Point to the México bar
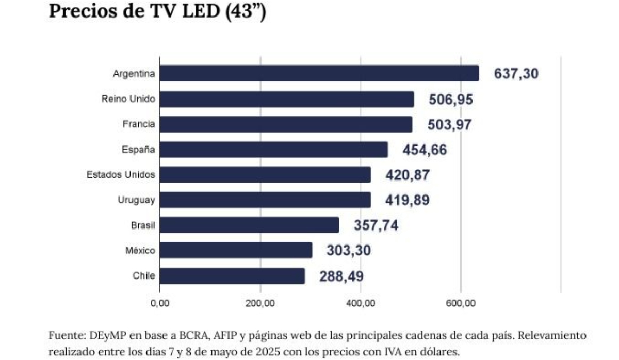point(235,251)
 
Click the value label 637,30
point(516,74)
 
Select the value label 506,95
point(451,99)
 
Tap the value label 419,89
point(407,200)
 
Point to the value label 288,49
point(341,276)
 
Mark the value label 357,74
point(376,225)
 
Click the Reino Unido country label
point(128,99)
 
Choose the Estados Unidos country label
point(121,175)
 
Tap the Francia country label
point(139,124)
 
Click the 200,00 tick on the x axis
point(260,303)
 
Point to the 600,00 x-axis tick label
point(461,303)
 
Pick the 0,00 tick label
point(159,303)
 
